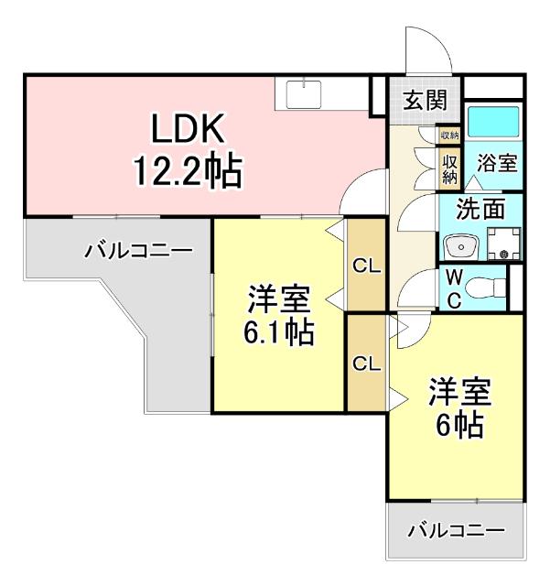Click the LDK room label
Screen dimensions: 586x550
tap(188, 131)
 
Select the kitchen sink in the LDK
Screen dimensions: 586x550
tap(302, 92)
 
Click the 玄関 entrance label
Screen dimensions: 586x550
tap(424, 99)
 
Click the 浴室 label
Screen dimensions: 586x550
tap(498, 165)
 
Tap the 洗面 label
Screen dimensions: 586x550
tap(480, 209)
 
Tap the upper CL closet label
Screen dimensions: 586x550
tap(366, 266)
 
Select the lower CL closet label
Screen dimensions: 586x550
tap(366, 362)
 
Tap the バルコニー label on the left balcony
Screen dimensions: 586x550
tap(138, 250)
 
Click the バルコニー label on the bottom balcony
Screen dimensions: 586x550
tap(456, 530)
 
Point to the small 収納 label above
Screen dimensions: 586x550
tap(448, 136)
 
